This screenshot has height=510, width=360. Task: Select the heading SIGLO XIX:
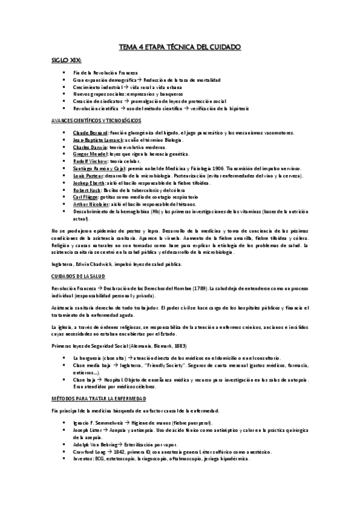(63, 61)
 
